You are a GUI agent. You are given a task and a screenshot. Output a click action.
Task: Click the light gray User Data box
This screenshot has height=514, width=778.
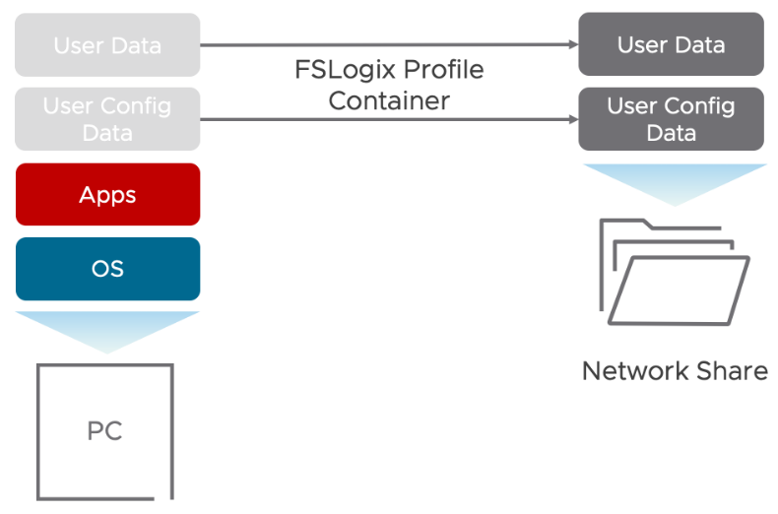[107, 45]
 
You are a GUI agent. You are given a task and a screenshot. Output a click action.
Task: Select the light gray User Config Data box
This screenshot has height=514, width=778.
[107, 119]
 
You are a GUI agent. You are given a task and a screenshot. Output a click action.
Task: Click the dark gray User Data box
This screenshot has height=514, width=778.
[671, 44]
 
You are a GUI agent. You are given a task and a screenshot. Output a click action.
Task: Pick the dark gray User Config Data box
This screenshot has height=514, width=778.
[671, 119]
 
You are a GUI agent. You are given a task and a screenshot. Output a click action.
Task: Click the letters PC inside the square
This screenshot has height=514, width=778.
[105, 431]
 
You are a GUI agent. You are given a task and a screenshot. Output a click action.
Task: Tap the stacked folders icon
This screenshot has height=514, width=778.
[674, 272]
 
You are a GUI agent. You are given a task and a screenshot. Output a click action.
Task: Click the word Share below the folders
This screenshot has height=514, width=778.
[731, 371]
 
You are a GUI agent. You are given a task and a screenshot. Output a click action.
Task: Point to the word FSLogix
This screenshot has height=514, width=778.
[341, 72]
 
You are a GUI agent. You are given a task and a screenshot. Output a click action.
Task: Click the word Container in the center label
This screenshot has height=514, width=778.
[389, 100]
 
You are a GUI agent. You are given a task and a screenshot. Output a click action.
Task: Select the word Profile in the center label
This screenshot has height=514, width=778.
[438, 72]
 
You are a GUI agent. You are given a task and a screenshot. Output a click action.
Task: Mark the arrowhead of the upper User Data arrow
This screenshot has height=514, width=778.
[572, 44]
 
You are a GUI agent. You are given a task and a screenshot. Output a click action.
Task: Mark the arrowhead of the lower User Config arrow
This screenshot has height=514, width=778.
[572, 120]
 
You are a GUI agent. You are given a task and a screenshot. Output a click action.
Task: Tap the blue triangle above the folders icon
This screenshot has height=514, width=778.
[674, 181]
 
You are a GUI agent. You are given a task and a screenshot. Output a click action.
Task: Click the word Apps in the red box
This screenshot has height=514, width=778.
[107, 195]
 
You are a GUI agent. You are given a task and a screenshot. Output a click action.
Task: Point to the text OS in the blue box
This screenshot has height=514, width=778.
[107, 269]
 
